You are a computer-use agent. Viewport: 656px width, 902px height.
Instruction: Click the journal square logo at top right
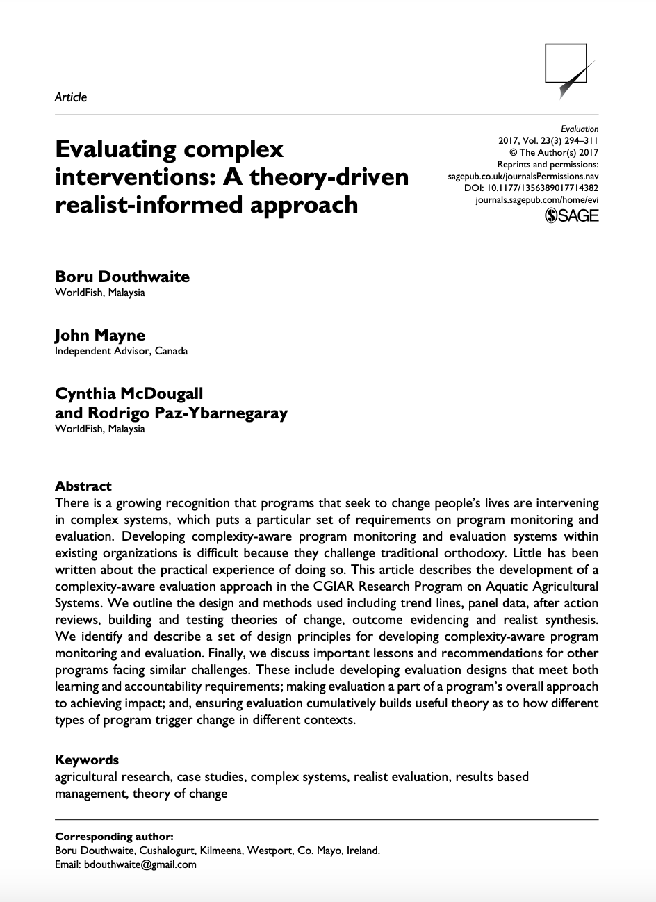[568, 70]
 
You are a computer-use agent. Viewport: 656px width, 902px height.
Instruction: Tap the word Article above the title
[71, 97]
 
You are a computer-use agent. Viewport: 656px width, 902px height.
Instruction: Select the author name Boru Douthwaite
[122, 277]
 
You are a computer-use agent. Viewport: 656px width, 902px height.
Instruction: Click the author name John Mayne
[100, 336]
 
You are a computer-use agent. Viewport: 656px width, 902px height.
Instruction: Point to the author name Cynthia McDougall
[129, 394]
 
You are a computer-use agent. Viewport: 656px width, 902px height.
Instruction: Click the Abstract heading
[83, 486]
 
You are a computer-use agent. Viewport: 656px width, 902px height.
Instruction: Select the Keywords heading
[87, 760]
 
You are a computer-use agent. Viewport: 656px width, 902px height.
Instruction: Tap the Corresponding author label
[114, 836]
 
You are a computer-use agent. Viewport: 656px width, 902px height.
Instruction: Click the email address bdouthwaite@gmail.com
[140, 864]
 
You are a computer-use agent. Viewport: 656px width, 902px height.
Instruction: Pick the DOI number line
[531, 188]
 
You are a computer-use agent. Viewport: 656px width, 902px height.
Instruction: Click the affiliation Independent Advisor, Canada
[121, 351]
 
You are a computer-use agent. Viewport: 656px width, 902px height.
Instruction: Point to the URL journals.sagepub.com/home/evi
[536, 199]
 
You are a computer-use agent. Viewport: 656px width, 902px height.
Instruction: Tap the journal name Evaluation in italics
[580, 129]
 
